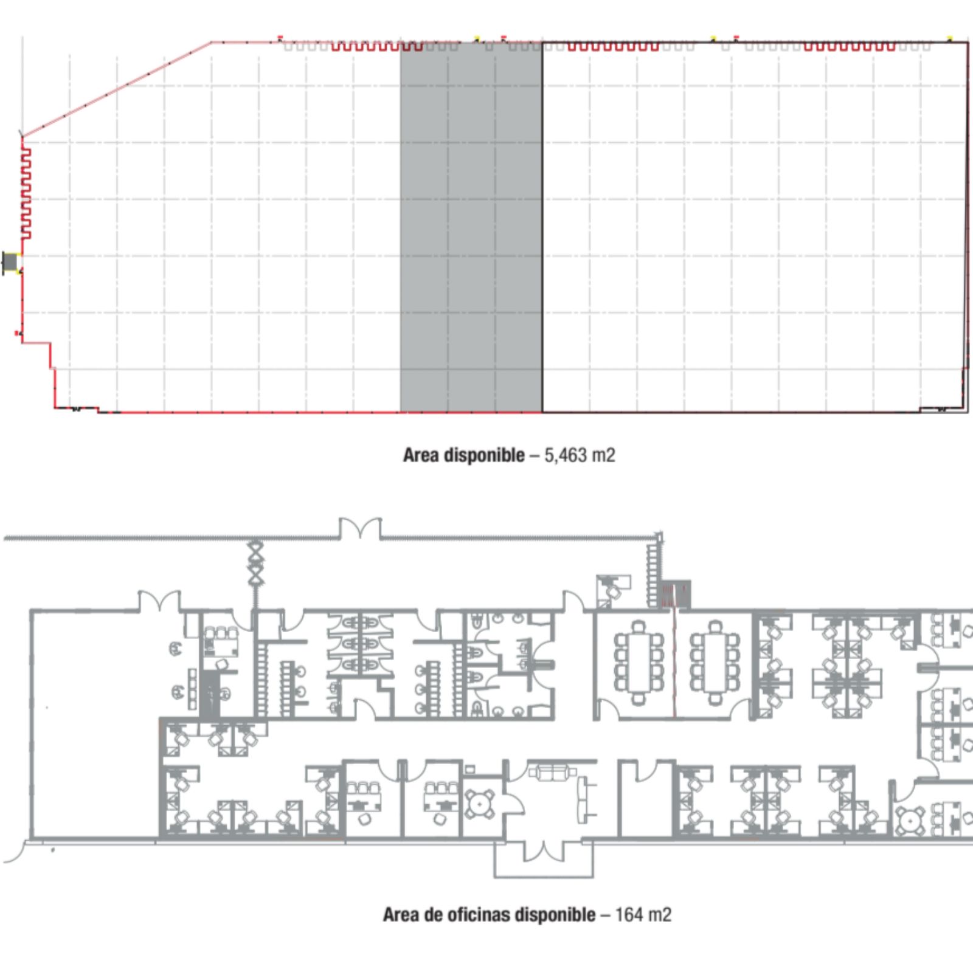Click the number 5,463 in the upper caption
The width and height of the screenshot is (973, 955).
point(565,455)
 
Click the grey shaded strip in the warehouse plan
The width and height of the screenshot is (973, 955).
point(471,228)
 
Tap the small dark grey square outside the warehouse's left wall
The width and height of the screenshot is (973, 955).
point(10,262)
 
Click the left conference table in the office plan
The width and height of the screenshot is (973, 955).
point(639,662)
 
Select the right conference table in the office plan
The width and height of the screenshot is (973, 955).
point(715,662)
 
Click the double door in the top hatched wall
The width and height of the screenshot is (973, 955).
point(361,528)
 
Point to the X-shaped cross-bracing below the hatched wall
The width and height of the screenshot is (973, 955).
point(256,562)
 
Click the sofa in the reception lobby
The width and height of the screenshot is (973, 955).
point(552,773)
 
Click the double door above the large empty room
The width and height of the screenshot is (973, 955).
point(159,601)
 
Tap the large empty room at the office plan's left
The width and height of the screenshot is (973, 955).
point(94,723)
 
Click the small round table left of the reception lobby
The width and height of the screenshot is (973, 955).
point(480,804)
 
